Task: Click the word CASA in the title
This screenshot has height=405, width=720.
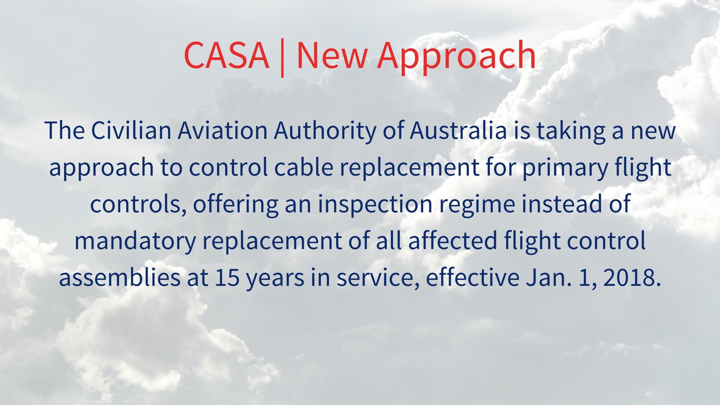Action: click(x=226, y=55)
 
